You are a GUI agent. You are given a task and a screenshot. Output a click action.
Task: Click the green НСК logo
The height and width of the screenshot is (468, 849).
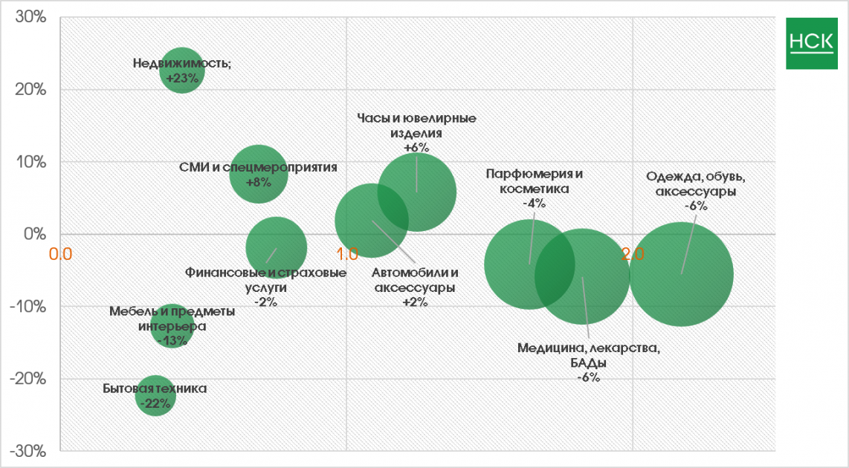(811, 42)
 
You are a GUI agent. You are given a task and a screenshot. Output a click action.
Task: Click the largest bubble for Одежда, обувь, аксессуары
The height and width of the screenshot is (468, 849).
(681, 273)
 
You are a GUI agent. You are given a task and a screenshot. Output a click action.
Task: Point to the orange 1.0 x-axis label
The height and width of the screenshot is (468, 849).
(347, 253)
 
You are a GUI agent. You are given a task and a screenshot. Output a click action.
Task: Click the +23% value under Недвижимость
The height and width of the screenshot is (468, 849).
(182, 77)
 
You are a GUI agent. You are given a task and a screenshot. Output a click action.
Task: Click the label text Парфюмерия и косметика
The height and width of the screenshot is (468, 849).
(535, 181)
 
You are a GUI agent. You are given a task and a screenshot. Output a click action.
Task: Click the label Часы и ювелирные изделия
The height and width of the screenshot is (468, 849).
(416, 126)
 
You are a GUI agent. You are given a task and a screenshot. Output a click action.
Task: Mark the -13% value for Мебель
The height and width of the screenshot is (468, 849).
(172, 340)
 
